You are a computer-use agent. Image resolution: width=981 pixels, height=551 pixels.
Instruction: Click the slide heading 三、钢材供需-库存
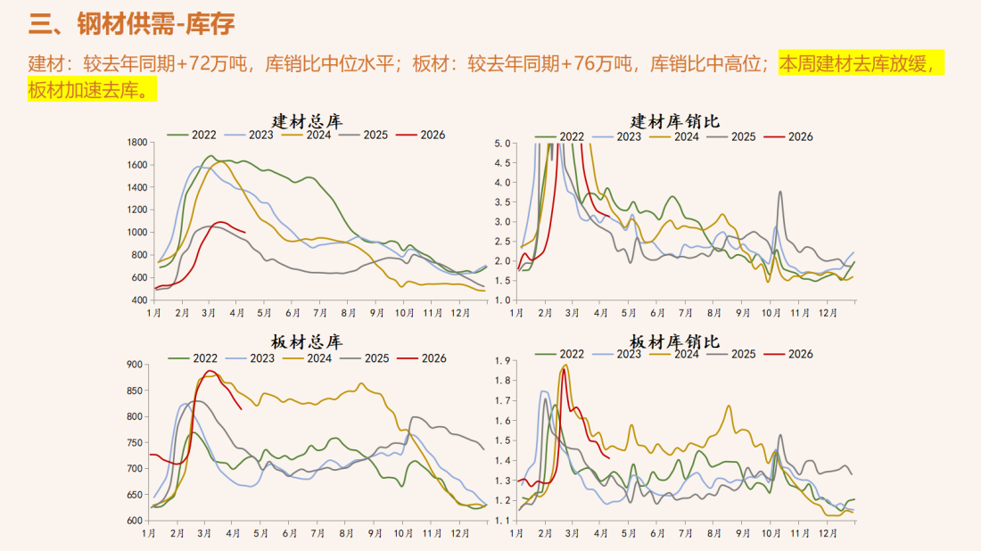(132, 24)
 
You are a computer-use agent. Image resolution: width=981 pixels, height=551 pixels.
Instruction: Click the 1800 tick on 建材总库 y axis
(137, 143)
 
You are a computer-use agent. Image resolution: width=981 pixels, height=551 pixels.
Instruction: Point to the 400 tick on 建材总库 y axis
(139, 300)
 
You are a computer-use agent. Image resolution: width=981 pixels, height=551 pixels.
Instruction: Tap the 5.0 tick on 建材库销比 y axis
(501, 143)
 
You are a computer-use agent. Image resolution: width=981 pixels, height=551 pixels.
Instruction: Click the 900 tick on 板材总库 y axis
(135, 365)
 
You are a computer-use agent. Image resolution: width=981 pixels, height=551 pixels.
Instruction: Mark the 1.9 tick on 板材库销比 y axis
(501, 361)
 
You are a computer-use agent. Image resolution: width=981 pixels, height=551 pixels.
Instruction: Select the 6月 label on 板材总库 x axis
(291, 533)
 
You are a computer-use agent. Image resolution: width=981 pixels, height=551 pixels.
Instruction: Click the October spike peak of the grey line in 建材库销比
(780, 191)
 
